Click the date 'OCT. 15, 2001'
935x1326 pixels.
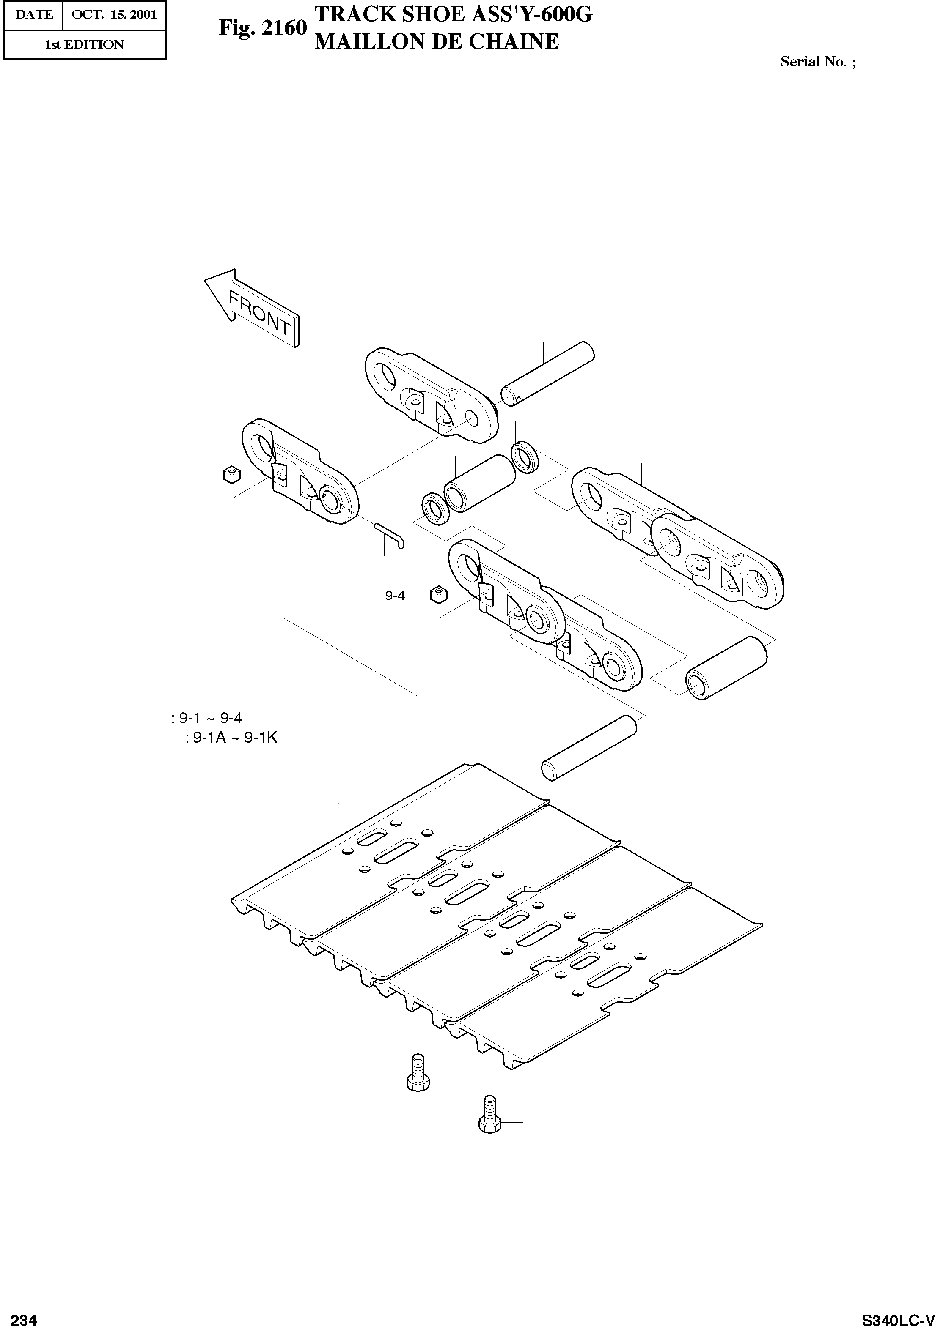point(114,14)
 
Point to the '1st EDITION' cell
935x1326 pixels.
point(84,44)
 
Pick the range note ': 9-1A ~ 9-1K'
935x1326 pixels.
point(231,738)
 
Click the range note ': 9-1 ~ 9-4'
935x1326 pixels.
point(206,718)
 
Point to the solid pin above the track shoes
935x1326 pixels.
point(588,747)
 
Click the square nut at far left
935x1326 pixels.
point(232,475)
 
